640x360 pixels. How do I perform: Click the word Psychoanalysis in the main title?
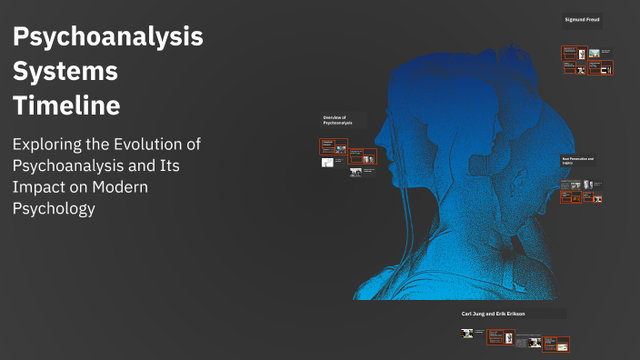click(108, 38)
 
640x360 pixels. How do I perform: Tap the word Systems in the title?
click(65, 71)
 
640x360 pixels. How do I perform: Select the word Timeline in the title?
click(66, 105)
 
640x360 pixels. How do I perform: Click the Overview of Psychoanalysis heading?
click(342, 120)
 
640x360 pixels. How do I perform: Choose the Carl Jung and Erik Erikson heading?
click(494, 313)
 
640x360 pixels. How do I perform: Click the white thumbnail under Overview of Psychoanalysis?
click(327, 163)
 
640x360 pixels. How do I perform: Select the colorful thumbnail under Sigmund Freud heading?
click(593, 54)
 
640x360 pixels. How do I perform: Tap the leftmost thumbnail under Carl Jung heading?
click(467, 334)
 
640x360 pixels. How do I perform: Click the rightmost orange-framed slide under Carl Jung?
click(562, 343)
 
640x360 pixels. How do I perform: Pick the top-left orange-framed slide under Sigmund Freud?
click(570, 53)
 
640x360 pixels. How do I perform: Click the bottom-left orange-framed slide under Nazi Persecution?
click(570, 196)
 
